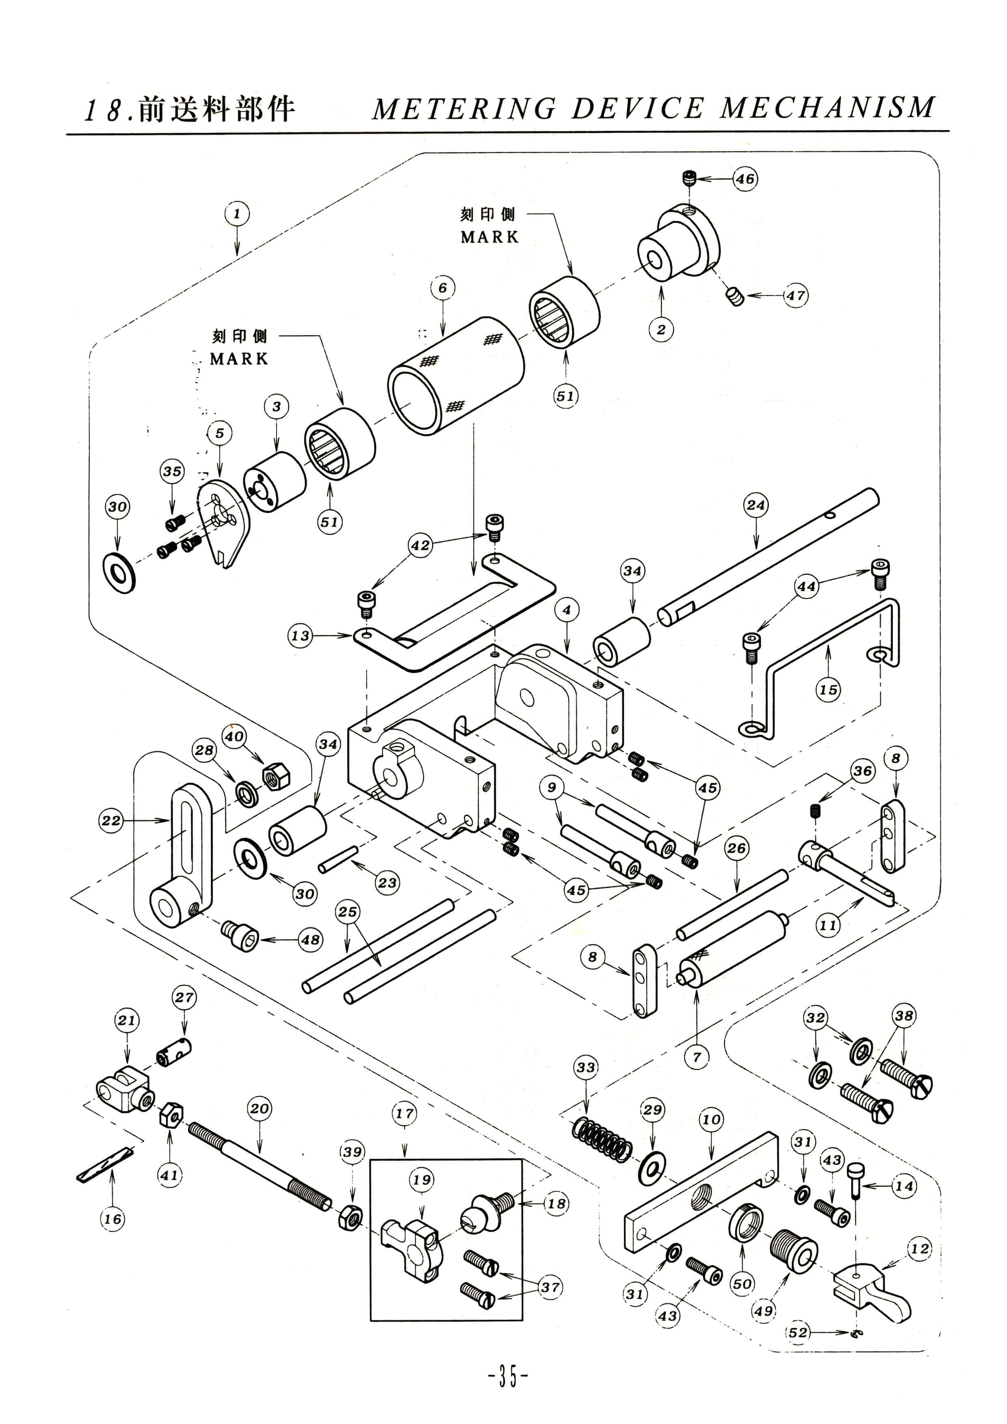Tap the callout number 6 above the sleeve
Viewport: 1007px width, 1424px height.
(x=442, y=288)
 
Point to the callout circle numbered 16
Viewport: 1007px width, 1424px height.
(x=112, y=1219)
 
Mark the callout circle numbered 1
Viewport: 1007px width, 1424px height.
(x=236, y=215)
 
